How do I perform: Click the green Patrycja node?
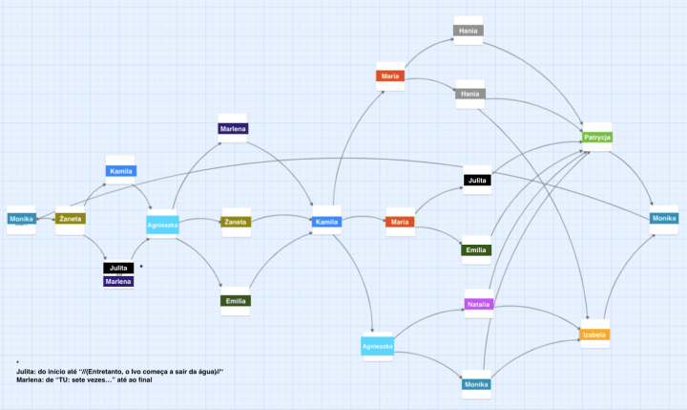coord(597,138)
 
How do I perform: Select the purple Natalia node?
coord(478,305)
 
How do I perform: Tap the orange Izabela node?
coord(595,334)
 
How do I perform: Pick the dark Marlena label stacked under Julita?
coord(119,281)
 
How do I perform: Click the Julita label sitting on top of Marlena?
coord(119,269)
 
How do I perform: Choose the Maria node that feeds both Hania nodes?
coord(389,76)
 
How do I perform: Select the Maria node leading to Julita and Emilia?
coord(400,223)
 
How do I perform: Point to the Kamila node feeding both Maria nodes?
coord(326,223)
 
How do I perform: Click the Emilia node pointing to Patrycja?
coord(476,250)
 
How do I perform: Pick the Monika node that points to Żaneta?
coord(21,220)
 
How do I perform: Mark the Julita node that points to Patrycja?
coord(477,180)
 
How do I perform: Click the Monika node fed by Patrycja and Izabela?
coord(664,220)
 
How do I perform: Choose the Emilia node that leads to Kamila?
coord(235,301)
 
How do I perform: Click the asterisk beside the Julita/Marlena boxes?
coord(141,266)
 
